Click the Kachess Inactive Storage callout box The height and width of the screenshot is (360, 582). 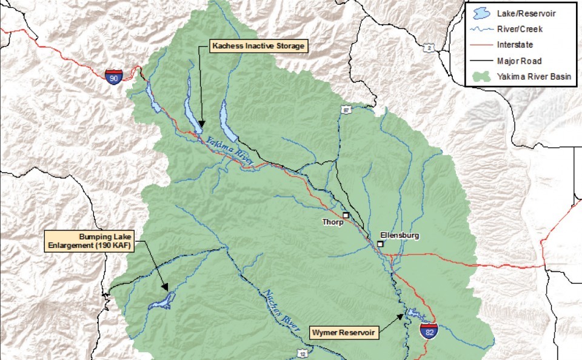[x=258, y=45]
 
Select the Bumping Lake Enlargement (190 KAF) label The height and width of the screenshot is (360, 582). [x=89, y=241]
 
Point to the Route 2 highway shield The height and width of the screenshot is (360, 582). [x=429, y=47]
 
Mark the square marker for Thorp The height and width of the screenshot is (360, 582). [x=346, y=215]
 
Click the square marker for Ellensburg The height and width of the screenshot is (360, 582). [x=380, y=244]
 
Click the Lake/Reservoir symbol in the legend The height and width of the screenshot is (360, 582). [x=481, y=12]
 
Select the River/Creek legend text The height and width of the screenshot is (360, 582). [x=520, y=28]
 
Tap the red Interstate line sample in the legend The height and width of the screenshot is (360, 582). [x=481, y=44]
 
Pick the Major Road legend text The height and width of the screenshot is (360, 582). [x=519, y=61]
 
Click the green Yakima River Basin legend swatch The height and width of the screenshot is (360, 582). [x=481, y=76]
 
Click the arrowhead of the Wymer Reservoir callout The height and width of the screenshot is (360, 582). [x=402, y=315]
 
